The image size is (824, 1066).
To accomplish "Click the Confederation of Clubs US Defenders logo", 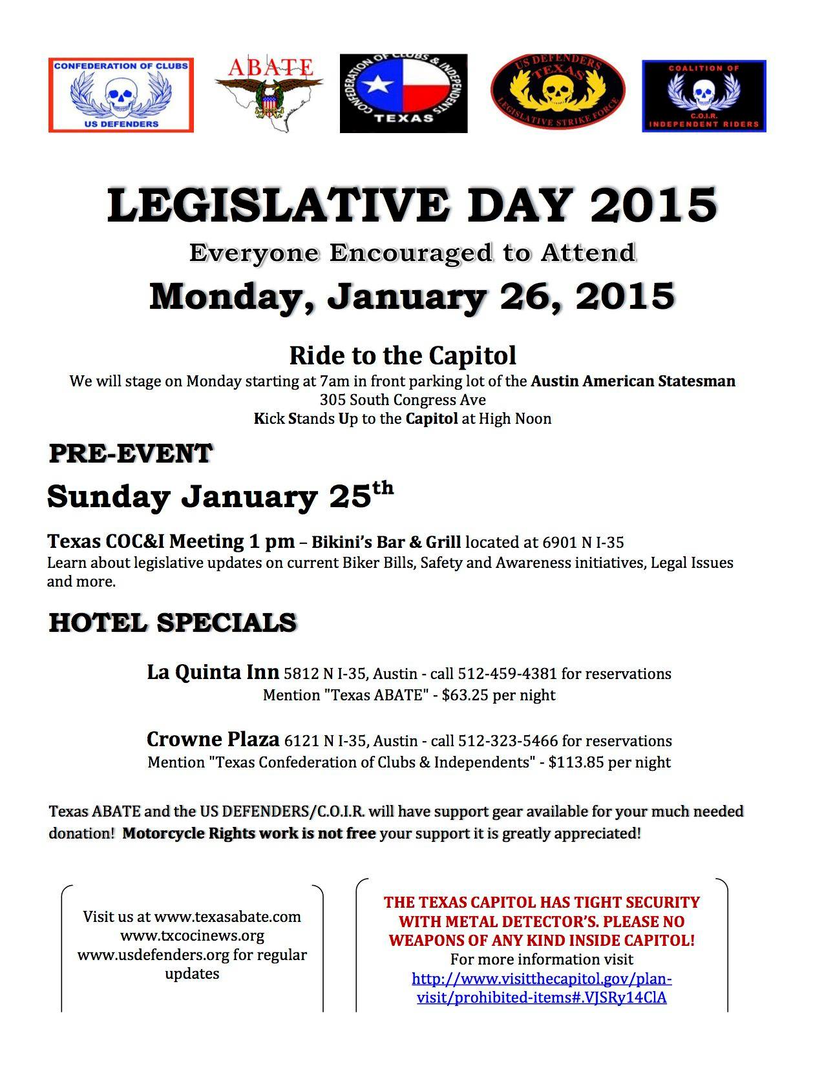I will pyautogui.click(x=121, y=95).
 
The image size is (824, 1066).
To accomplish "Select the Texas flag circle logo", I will pyautogui.click(x=403, y=94).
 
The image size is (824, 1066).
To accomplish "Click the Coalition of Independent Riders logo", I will pyautogui.click(x=703, y=96).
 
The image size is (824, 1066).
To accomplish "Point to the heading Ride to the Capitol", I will pyautogui.click(x=402, y=355).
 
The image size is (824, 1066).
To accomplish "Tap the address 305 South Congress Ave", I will pyautogui.click(x=402, y=400).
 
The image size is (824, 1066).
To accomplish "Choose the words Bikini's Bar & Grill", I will pyautogui.click(x=386, y=541).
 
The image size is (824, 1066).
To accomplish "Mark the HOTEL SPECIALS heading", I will pyautogui.click(x=173, y=623).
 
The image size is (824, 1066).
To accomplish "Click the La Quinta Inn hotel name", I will pyautogui.click(x=213, y=673).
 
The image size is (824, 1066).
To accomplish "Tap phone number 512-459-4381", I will pyautogui.click(x=507, y=674).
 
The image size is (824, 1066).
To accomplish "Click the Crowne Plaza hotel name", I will pyautogui.click(x=213, y=739).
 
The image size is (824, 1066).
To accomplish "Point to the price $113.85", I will pyautogui.click(x=576, y=762).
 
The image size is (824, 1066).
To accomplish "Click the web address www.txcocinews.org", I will pyautogui.click(x=192, y=935).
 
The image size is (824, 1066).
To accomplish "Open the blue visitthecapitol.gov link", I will pyautogui.click(x=542, y=988).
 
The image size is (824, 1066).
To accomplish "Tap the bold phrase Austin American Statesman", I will pyautogui.click(x=633, y=381).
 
